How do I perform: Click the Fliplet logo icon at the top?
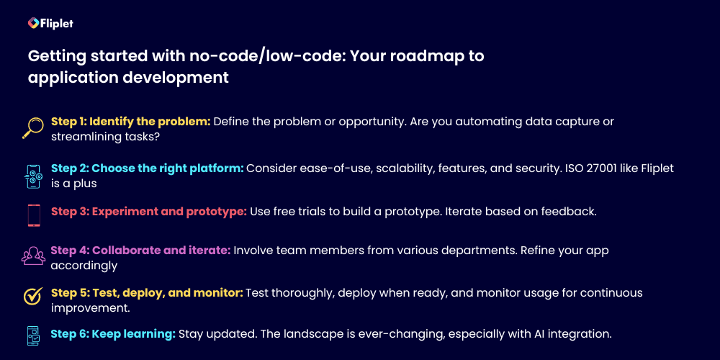click(32, 22)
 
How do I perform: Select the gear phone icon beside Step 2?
click(33, 176)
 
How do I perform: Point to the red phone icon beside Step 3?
click(34, 215)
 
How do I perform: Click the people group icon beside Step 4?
click(34, 256)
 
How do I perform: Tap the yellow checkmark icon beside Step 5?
click(33, 296)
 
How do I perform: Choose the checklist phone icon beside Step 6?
click(33, 336)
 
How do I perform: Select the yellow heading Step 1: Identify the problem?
click(131, 122)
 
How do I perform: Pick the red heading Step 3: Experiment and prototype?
click(149, 212)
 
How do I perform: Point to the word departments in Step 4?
click(477, 251)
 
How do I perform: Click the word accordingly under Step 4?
click(84, 266)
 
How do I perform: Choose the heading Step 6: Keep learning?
click(113, 334)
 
